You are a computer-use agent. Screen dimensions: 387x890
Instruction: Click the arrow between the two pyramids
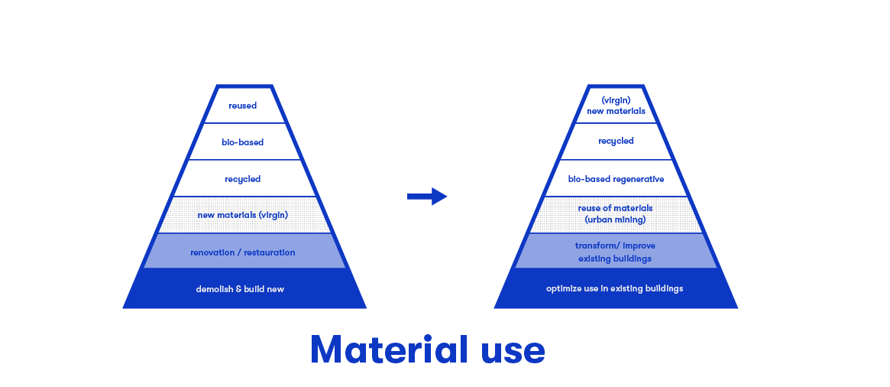[427, 197]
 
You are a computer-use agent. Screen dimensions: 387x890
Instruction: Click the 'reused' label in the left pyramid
[243, 106]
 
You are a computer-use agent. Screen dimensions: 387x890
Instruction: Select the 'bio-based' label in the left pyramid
[243, 142]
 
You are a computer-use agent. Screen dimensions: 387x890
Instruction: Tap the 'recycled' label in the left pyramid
[243, 179]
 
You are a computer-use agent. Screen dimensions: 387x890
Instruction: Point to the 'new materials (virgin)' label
[243, 215]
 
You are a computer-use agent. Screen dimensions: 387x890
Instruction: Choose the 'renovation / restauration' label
[243, 252]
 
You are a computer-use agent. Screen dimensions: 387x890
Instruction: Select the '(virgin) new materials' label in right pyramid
[616, 106]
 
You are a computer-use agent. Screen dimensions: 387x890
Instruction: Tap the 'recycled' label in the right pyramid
[616, 141]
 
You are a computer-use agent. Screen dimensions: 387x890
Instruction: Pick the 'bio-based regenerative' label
[616, 179]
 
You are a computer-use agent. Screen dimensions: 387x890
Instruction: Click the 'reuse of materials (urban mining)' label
[616, 214]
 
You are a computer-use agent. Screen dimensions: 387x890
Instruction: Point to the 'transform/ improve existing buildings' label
[615, 252]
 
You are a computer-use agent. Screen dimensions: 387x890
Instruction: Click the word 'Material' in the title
[389, 350]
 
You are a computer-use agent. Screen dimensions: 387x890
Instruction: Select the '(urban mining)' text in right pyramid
[616, 220]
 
